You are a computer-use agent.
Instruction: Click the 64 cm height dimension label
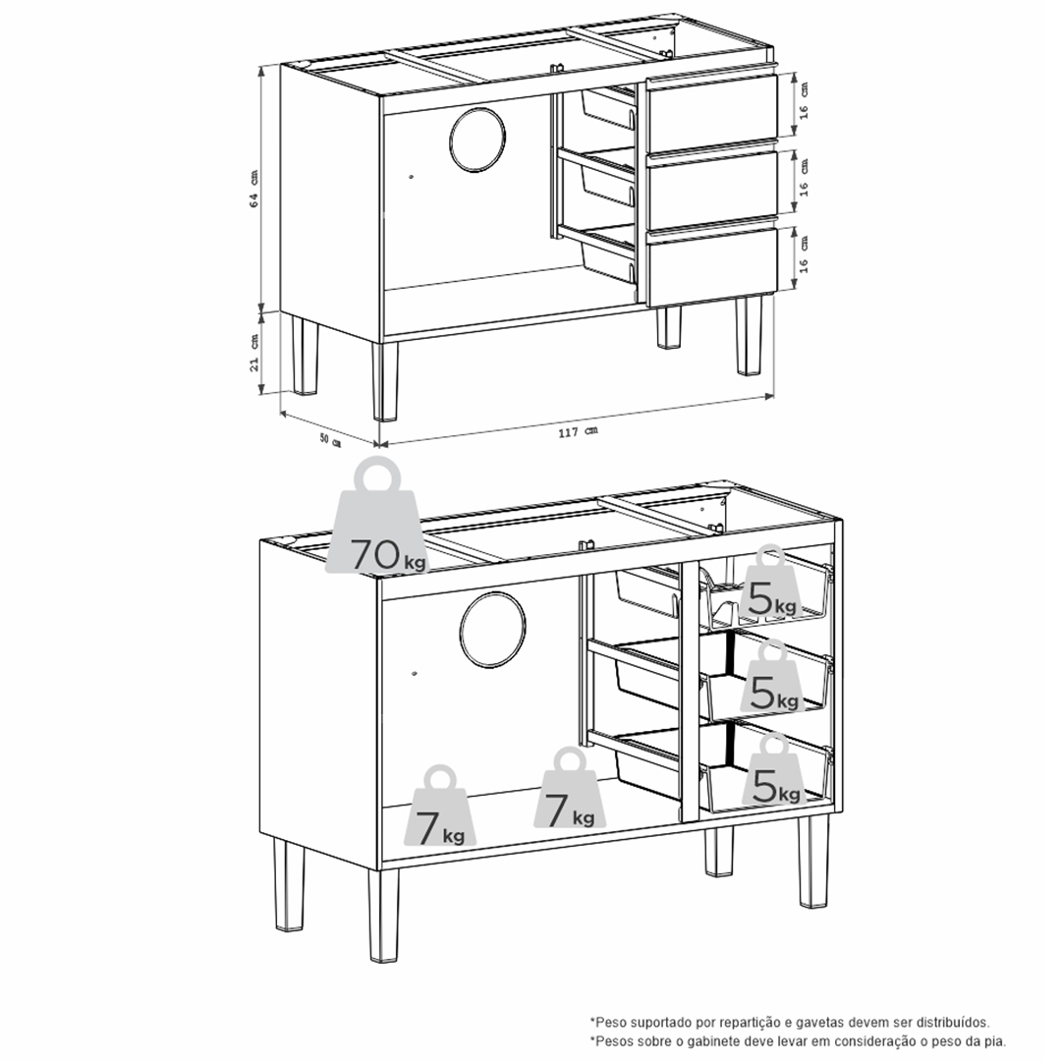(253, 189)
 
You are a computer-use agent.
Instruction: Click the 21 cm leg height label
(253, 353)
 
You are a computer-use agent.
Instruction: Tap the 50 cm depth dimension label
(330, 440)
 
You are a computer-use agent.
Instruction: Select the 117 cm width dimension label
(578, 431)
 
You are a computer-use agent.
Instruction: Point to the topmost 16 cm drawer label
(804, 101)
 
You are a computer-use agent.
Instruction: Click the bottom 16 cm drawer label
(804, 254)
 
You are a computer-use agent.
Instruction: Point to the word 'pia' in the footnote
(995, 1042)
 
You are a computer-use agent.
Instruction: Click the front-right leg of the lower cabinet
(812, 861)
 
